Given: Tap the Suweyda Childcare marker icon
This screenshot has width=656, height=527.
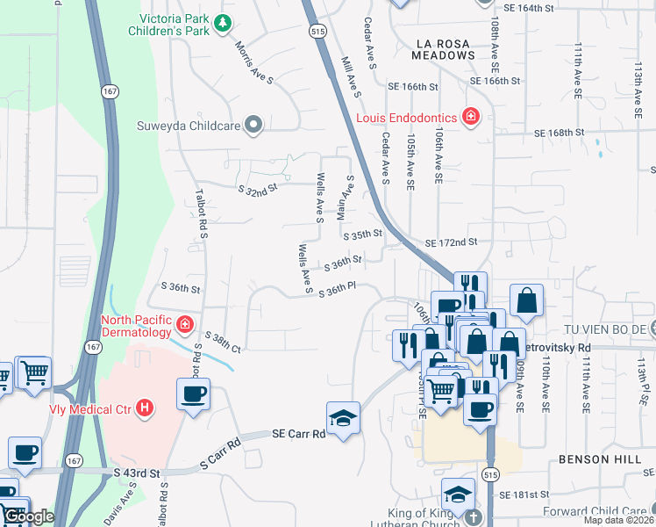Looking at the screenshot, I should coord(254,125).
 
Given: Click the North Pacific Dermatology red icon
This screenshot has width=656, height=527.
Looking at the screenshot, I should coord(185,326).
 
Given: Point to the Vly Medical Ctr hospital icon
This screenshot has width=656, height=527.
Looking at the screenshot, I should coord(145,408).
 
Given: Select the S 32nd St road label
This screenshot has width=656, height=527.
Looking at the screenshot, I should coord(257,187).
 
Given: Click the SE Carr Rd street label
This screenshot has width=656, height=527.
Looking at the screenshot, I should coord(298,433).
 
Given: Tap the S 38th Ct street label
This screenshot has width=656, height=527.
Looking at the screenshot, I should coord(222,343).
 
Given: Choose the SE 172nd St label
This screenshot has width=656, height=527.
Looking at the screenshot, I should coord(450,242).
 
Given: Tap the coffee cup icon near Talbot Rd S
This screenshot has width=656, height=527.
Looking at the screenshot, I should coord(193,393).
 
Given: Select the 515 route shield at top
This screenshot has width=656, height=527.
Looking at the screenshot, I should coord(313,31).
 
